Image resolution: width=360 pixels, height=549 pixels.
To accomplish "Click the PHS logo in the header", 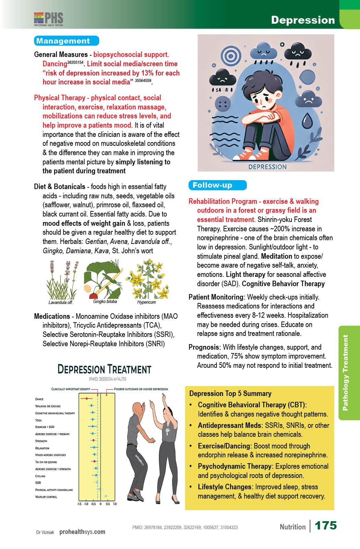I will [x=49, y=19].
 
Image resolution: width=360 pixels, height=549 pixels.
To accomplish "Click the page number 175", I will [x=325, y=525].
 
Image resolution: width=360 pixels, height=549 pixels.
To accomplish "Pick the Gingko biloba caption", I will [x=105, y=302].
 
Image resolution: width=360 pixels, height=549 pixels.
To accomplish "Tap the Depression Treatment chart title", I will [x=104, y=369].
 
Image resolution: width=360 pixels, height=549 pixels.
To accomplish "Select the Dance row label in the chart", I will [x=39, y=399].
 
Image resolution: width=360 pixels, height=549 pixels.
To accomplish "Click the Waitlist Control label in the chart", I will [x=46, y=497].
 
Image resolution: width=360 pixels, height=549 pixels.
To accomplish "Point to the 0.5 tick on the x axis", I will [x=108, y=504].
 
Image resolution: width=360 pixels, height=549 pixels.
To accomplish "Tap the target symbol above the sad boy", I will [x=231, y=55].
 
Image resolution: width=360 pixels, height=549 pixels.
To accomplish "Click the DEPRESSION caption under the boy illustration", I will [x=267, y=167].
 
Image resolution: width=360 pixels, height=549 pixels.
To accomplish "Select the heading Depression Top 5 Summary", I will [x=230, y=394].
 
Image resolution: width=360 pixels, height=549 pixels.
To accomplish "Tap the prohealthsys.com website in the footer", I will [x=82, y=532].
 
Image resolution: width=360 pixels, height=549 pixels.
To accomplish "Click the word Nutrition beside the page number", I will [x=292, y=527].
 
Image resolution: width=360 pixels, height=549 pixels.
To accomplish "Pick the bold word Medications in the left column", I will [x=52, y=316].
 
